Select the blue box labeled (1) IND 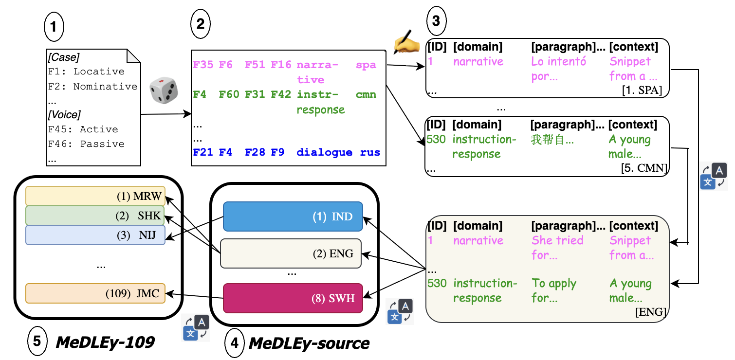tap(293, 216)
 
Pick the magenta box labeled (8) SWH tap(293, 298)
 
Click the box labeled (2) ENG tap(291, 253)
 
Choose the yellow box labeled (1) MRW tap(95, 196)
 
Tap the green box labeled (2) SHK tap(95, 216)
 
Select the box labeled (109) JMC tap(95, 293)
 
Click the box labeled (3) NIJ tap(95, 235)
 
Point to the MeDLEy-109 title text tap(105, 342)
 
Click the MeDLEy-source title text tap(309, 343)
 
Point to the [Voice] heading tap(64, 115)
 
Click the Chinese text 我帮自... tap(552, 141)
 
